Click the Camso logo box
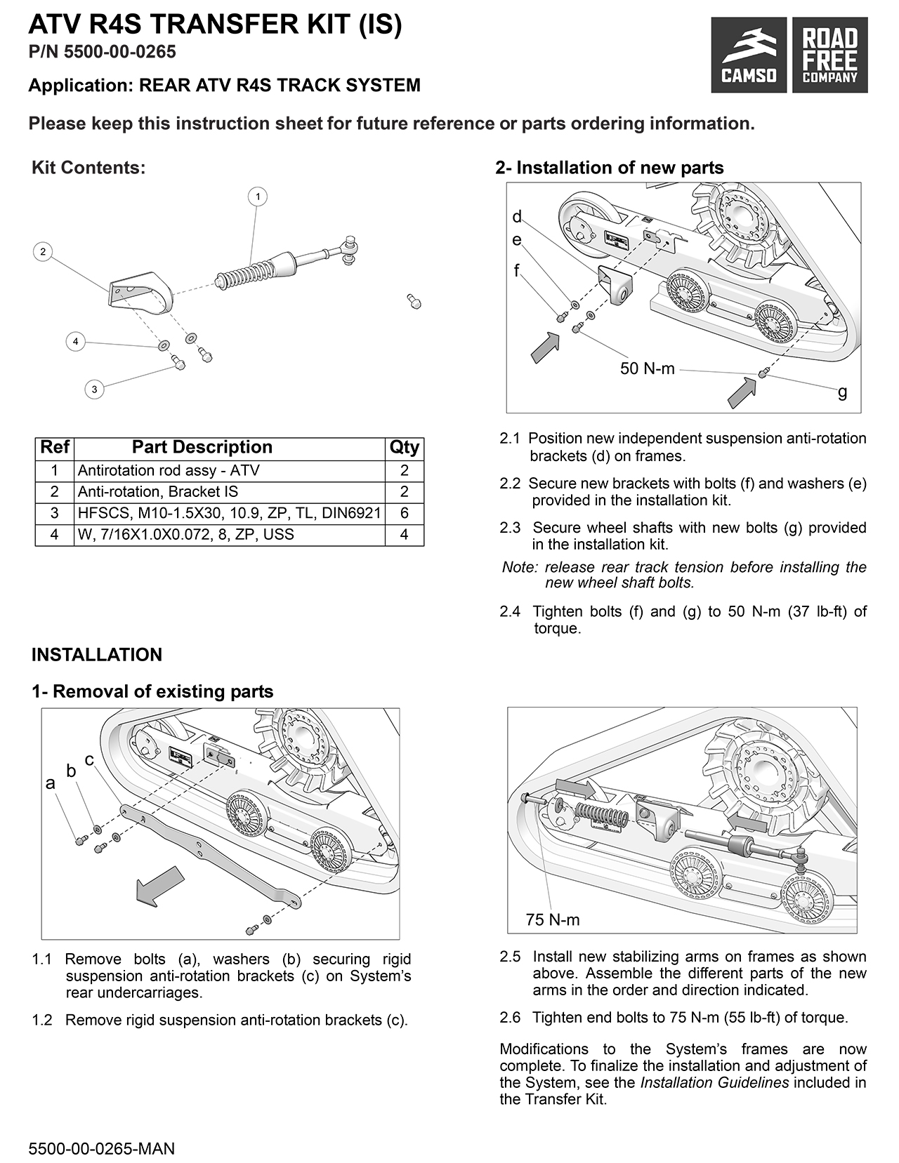749,55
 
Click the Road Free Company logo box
829,55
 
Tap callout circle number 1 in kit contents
258,197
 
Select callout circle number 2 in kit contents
43,251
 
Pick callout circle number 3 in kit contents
94,389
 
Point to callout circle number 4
75,343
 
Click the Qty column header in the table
404,448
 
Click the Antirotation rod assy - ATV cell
229,470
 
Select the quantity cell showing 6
404,513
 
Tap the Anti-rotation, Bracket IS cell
229,492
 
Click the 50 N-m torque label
647,368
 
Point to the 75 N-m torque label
552,919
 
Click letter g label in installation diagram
842,392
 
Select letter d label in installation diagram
517,216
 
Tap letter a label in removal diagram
50,783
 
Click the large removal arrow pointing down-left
159,884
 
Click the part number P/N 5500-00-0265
102,52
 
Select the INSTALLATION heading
97,655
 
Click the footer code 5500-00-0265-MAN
101,1149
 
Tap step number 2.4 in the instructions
510,611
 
